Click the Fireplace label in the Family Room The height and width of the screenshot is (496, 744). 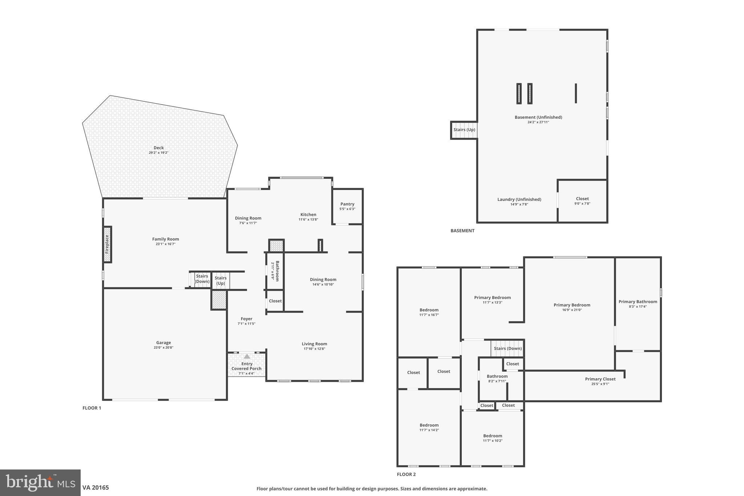[107, 244]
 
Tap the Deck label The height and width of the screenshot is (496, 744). [158, 148]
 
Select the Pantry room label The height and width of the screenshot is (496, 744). [347, 204]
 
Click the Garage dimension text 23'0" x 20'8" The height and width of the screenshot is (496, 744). [163, 348]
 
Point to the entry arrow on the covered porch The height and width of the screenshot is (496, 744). [247, 356]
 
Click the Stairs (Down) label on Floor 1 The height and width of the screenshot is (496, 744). [202, 279]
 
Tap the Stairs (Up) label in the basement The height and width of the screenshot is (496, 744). [464, 130]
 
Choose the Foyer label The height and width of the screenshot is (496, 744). [246, 319]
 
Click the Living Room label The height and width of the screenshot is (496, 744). [314, 344]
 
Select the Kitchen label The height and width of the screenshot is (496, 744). [308, 214]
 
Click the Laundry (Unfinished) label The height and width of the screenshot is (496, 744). [519, 199]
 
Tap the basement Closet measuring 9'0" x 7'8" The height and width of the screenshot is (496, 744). [582, 199]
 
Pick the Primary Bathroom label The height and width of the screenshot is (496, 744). [638, 302]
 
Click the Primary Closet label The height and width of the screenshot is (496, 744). [600, 379]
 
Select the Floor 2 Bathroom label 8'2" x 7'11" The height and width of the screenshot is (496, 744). [497, 376]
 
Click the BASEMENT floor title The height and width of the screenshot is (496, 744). [462, 231]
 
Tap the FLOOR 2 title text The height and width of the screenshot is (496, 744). [406, 474]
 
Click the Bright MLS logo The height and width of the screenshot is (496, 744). [40, 483]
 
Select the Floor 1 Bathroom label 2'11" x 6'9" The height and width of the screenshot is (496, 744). [277, 271]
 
